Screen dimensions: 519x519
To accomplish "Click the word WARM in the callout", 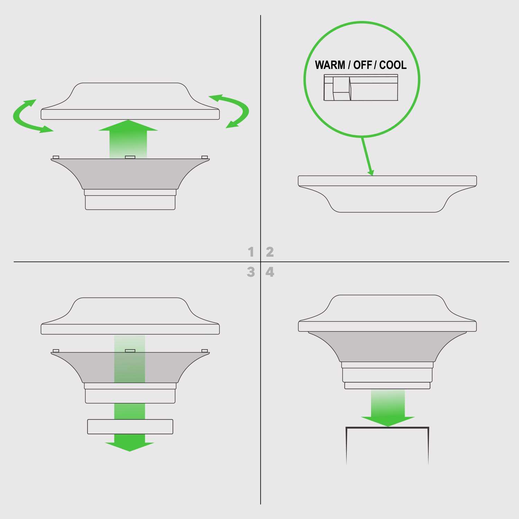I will (330, 65).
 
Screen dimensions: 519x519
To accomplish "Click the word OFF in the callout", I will (362, 65).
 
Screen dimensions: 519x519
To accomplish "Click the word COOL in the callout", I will (393, 65).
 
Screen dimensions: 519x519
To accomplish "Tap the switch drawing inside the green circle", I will (361, 88).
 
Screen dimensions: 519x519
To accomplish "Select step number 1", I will (251, 252).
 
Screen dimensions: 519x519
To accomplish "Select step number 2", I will (270, 252).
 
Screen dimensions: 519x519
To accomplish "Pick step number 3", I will (251, 272).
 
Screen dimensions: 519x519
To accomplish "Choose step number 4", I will (270, 272).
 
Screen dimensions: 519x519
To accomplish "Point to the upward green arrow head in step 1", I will (128, 126).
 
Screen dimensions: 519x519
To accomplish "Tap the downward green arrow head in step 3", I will (129, 447).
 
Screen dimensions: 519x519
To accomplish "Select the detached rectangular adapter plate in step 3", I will (130, 427).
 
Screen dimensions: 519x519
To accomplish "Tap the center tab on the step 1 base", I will (130, 157).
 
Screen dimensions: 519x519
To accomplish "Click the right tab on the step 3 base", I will (204, 351).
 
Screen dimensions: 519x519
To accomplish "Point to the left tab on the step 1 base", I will (56, 157).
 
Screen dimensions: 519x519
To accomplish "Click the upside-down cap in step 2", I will (387, 194).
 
